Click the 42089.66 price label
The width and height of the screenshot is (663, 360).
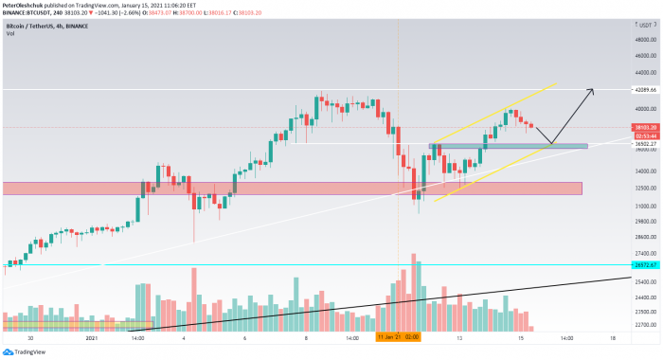click(x=647, y=89)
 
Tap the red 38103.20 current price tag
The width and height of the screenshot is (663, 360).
click(x=647, y=126)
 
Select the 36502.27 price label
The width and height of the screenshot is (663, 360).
click(x=647, y=143)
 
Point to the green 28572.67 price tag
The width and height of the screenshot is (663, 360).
click(x=647, y=265)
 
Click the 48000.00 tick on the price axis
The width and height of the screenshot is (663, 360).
click(x=647, y=39)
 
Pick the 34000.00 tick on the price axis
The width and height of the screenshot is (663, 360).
click(x=647, y=170)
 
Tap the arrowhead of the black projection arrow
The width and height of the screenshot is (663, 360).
click(x=592, y=91)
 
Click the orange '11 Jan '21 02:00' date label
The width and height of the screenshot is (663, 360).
click(x=398, y=336)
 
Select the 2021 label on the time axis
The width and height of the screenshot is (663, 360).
click(x=92, y=336)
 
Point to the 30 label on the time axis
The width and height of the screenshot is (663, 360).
click(x=31, y=336)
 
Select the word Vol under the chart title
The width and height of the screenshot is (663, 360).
click(x=10, y=33)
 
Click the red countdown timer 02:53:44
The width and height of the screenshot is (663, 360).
click(x=647, y=135)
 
